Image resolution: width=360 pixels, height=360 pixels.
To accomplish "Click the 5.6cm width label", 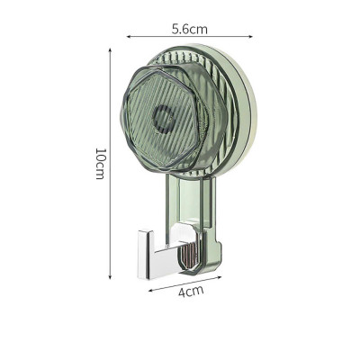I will click(190, 28).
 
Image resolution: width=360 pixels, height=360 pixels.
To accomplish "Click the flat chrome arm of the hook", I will click(162, 260).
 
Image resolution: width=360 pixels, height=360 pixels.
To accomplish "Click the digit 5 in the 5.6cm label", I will click(176, 28).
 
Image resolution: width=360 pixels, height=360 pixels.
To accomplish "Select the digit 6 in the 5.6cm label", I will click(187, 28).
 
